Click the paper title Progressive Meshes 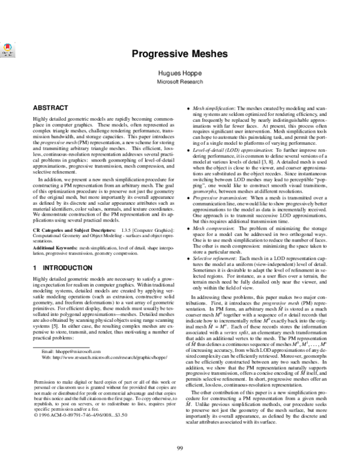pyautogui.click(x=179, y=53)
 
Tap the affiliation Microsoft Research pyautogui.click(x=179, y=80)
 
